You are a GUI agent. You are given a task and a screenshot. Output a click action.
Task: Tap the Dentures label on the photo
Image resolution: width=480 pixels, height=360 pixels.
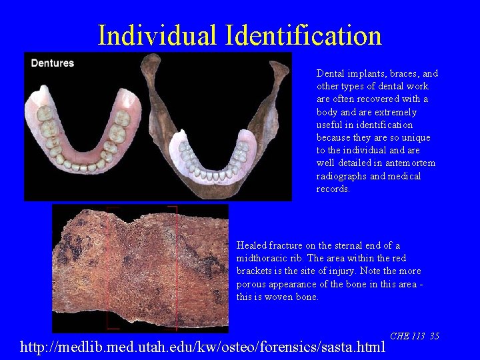53,63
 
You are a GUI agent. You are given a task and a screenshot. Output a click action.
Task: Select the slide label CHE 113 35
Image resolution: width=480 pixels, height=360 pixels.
414,336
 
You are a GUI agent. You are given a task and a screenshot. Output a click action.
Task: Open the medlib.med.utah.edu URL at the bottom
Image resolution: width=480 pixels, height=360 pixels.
203,347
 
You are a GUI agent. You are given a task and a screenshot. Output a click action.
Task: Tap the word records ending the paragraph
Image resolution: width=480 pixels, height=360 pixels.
333,189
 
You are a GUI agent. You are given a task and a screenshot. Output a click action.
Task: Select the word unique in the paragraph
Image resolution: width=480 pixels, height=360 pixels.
416,137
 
